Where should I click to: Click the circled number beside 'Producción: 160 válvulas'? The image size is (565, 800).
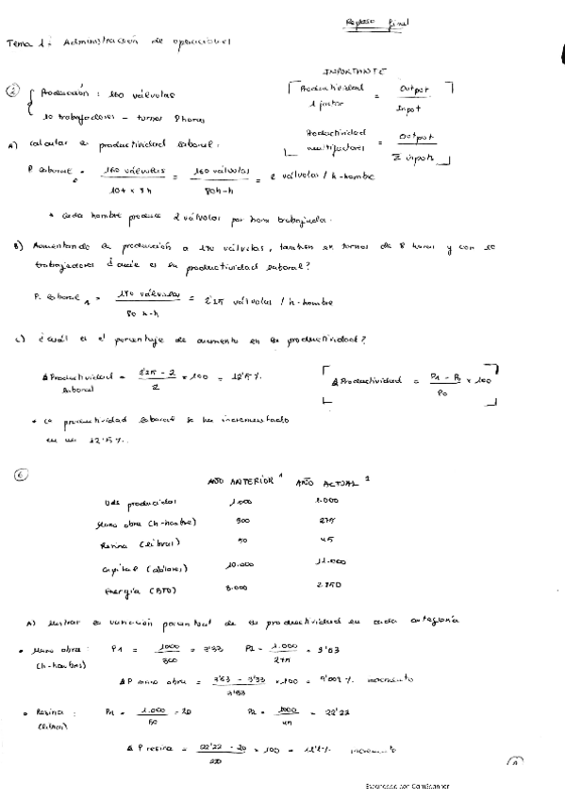coord(13,92)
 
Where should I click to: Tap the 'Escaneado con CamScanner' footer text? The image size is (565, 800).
coord(403,785)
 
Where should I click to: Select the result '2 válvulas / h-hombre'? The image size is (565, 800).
coord(323,175)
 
